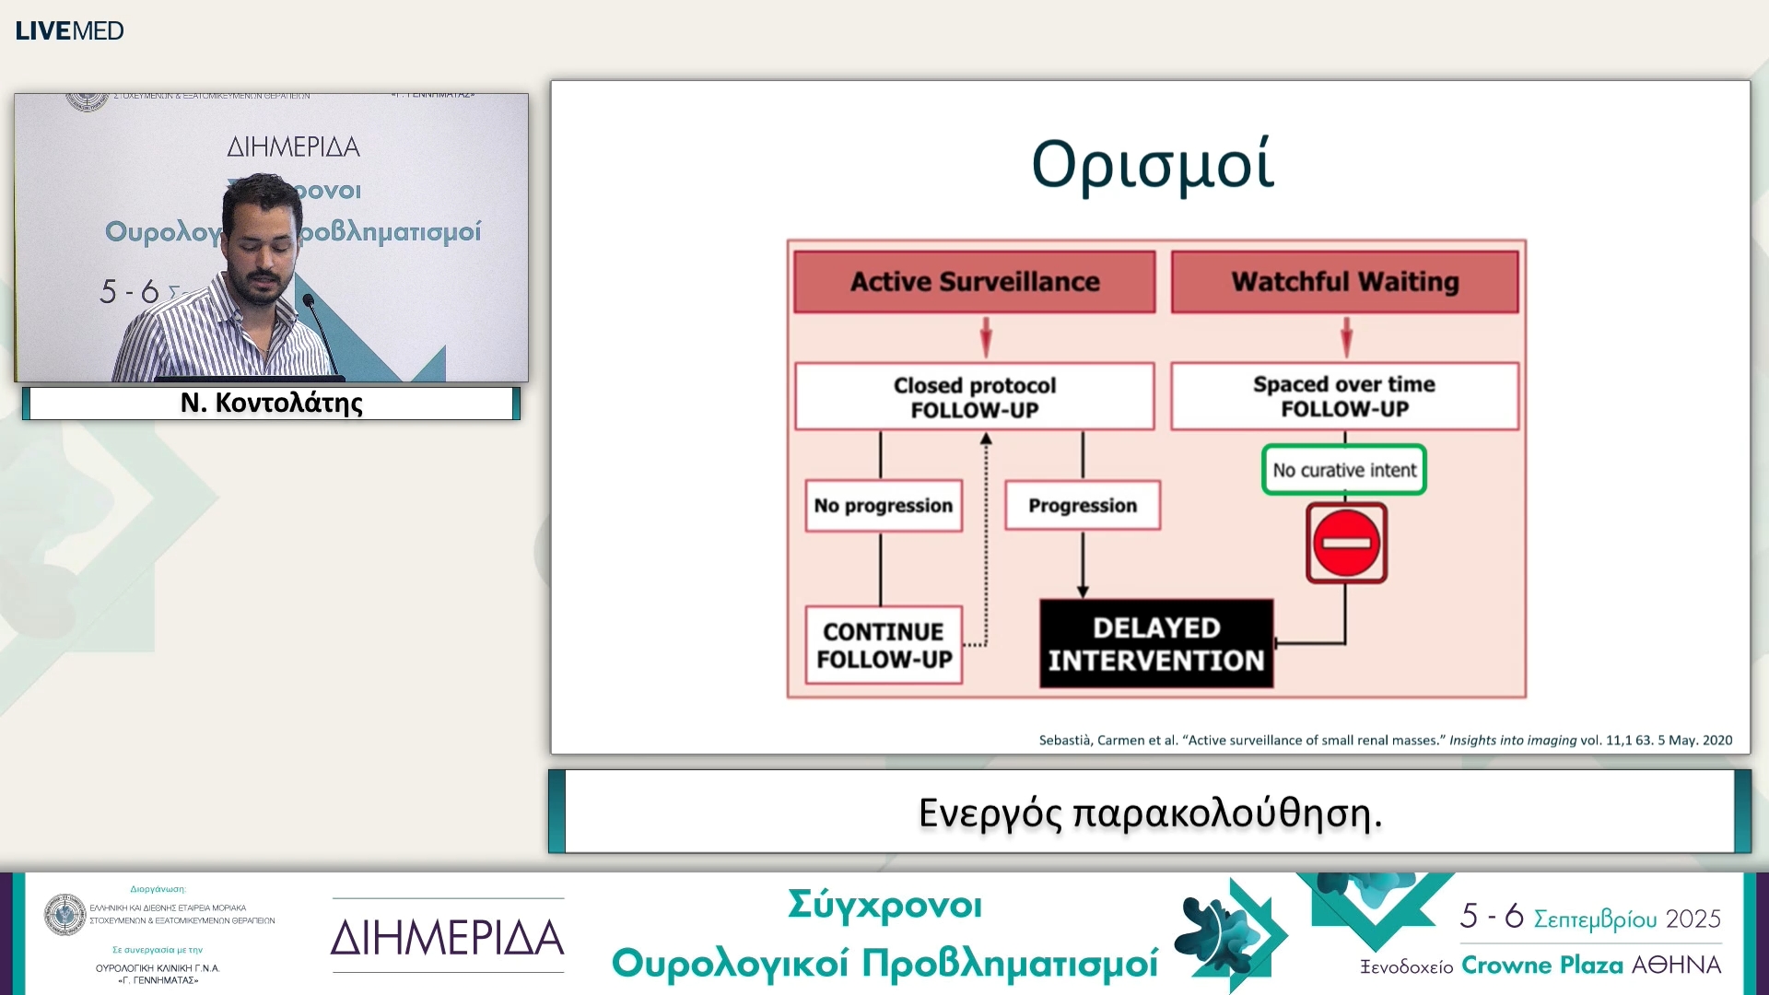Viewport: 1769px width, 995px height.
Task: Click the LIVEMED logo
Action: [69, 30]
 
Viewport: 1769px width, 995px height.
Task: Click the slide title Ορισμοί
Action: [1152, 165]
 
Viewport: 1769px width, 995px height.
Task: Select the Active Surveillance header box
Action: [974, 282]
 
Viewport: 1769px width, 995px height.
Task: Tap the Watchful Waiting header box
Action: [1344, 282]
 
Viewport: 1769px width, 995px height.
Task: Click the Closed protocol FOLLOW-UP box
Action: [974, 397]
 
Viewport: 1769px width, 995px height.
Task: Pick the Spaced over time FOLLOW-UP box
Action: [1344, 396]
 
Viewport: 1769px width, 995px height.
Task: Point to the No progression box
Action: [883, 506]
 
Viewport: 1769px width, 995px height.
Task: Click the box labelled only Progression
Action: [1082, 506]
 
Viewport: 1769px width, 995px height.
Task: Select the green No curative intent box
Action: [1343, 470]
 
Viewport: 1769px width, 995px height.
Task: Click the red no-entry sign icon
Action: [1345, 543]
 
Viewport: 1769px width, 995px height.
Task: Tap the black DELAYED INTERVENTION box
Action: [1155, 644]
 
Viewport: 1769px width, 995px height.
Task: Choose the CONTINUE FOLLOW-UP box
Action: [884, 645]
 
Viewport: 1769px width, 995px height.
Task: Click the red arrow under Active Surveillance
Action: [986, 337]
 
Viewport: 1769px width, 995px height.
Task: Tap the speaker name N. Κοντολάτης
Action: [271, 404]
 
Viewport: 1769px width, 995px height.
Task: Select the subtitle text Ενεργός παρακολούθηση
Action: [1150, 813]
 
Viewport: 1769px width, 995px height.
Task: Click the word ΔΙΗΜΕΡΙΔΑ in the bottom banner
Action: [447, 938]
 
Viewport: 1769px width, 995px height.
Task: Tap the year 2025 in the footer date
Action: [1693, 919]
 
